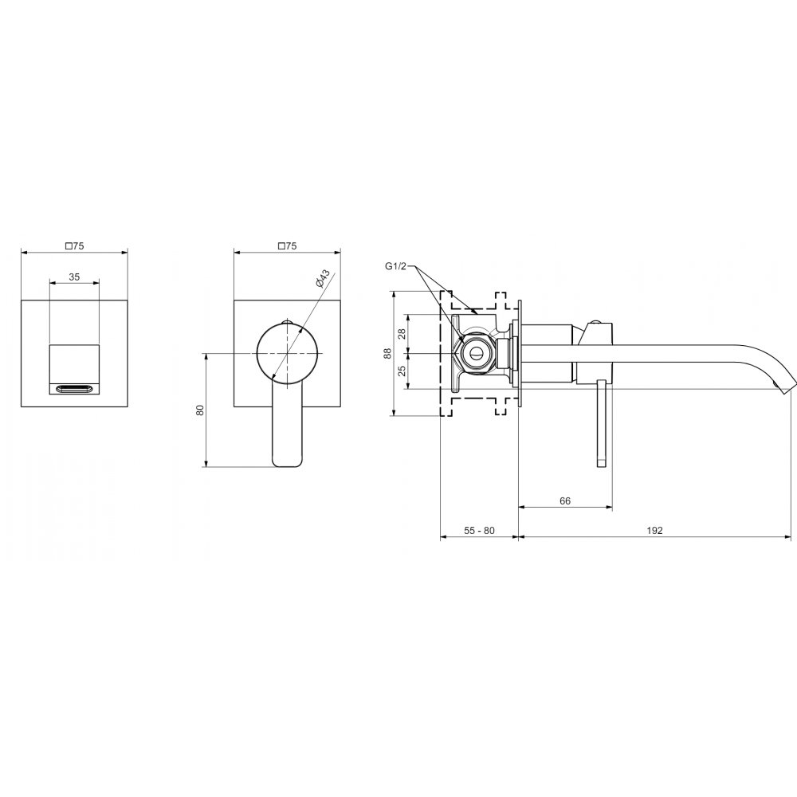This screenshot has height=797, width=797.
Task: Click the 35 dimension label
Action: [74, 277]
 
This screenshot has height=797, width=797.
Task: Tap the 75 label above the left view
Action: [74, 246]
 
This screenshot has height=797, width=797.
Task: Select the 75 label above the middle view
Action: [287, 246]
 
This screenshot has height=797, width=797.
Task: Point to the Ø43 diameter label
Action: [323, 278]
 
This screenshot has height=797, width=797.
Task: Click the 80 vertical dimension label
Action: [200, 410]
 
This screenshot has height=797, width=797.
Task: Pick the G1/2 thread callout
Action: [395, 266]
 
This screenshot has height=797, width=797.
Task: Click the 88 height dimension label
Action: [388, 353]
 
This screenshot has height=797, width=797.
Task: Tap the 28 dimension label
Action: [402, 333]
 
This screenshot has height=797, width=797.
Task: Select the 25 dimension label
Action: [402, 371]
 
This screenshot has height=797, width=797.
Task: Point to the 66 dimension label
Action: [565, 501]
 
